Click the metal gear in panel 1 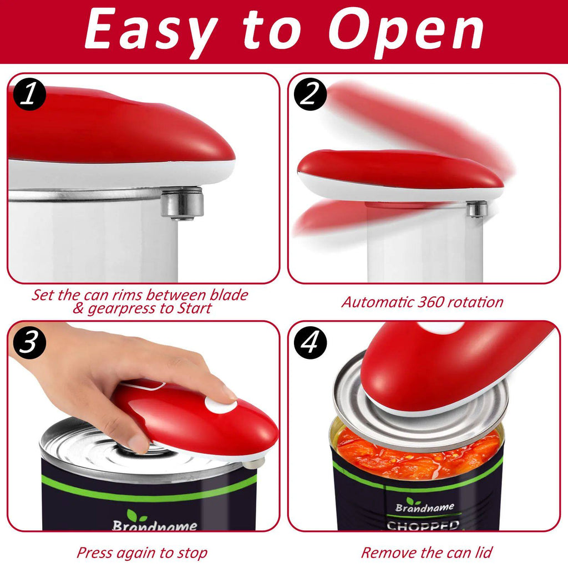tap(182, 204)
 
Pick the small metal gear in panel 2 tap(476, 209)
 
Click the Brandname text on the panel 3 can tap(154, 525)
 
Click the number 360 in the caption tap(425, 302)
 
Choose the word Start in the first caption tap(194, 309)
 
